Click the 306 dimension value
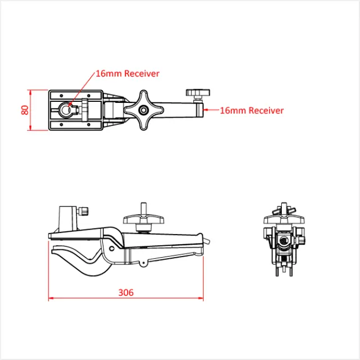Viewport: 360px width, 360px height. [x=126, y=292]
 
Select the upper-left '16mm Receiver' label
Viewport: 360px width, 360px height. [x=128, y=74]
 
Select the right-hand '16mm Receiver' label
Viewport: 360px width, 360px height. [x=251, y=110]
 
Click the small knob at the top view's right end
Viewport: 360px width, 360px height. [x=197, y=92]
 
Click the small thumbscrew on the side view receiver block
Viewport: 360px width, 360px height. [x=83, y=211]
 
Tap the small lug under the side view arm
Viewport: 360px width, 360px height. [x=143, y=263]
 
